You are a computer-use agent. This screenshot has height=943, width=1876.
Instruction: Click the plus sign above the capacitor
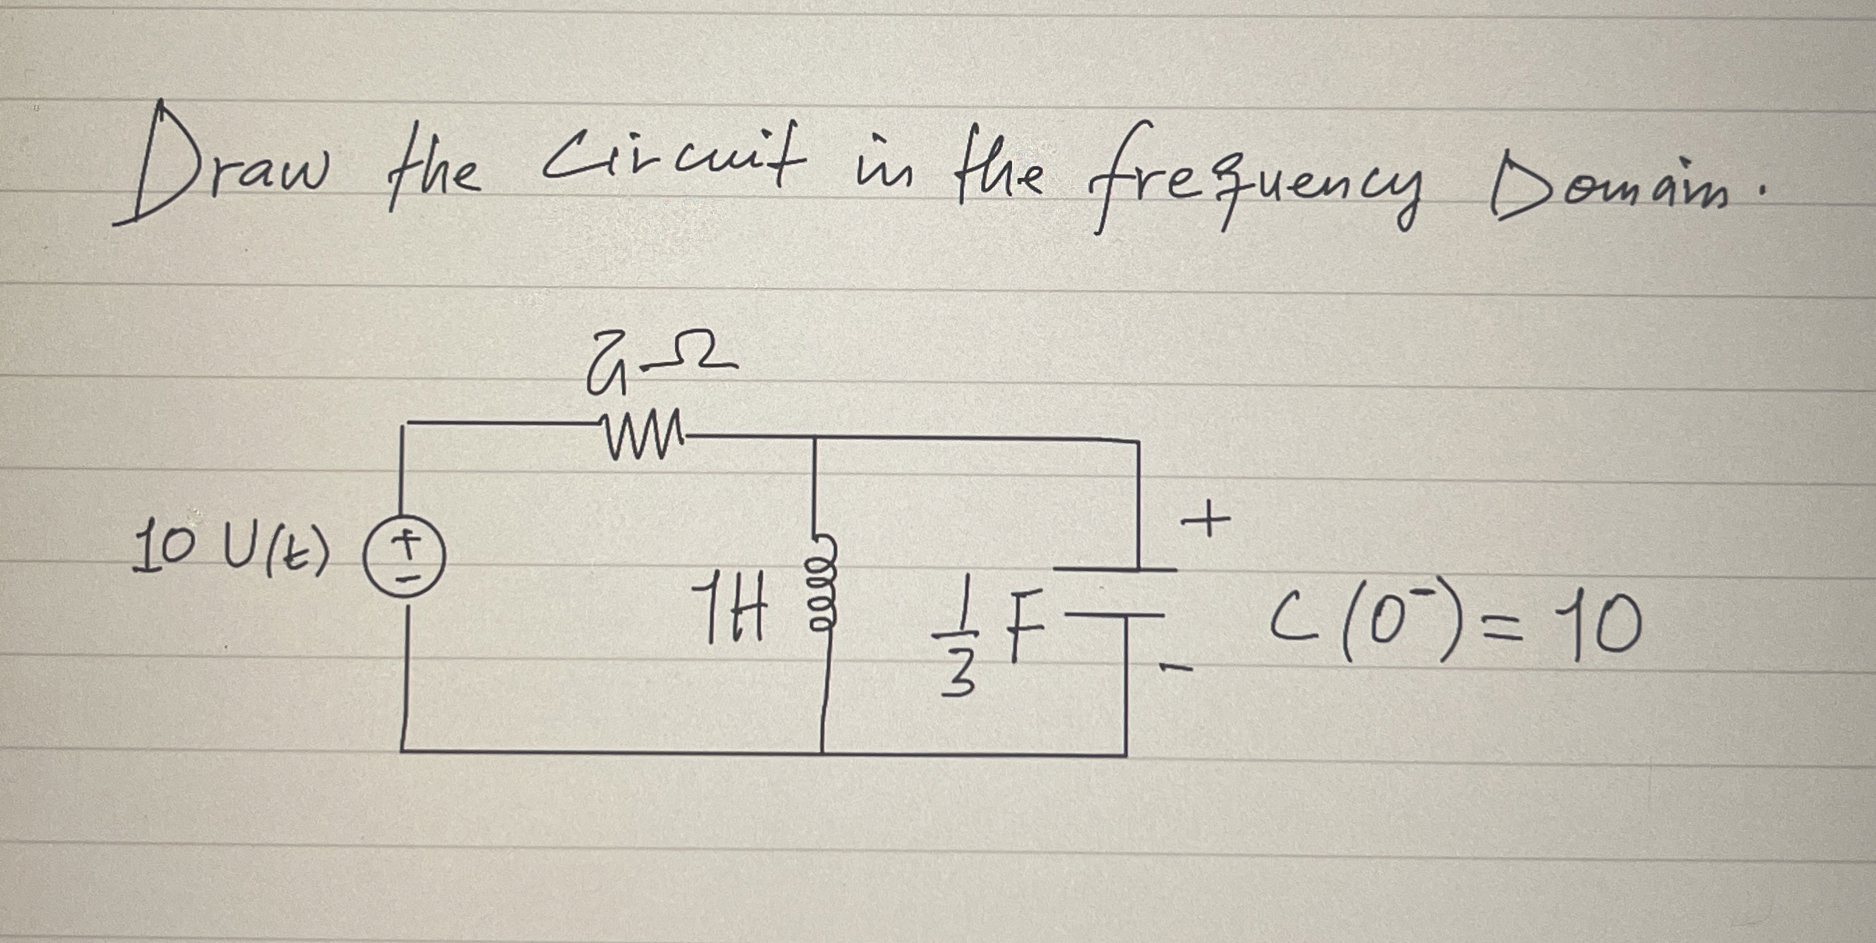coord(1206,520)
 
